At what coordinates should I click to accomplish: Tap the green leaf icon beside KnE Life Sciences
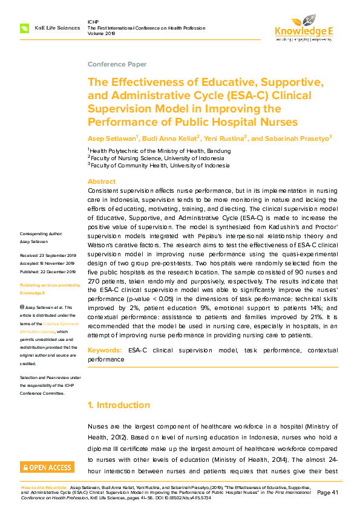coord(25,28)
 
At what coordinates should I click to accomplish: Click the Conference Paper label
coord(117,64)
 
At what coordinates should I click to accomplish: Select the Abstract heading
coord(102,181)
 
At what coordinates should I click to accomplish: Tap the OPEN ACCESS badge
coord(47,467)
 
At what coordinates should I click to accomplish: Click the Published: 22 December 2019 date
coord(47,272)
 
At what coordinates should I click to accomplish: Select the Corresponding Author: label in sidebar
coord(41,233)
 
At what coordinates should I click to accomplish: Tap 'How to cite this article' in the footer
coord(44,487)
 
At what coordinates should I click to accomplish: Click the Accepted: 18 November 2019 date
coord(47,264)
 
